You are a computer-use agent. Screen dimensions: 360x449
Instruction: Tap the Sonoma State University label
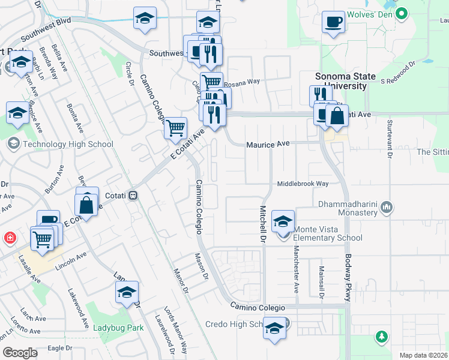pos(346,81)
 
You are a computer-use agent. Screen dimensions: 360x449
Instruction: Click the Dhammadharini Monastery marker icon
pos(387,208)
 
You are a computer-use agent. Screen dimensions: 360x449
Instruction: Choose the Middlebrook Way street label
pos(303,184)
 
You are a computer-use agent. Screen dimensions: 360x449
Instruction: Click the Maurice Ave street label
pos(268,144)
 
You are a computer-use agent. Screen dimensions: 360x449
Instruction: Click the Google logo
pos(20,352)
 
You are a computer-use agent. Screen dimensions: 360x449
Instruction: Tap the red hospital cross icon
pos(10,238)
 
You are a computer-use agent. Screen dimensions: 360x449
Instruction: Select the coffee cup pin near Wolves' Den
pos(333,23)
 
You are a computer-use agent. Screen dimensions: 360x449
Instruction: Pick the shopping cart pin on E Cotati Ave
pos(175,127)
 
